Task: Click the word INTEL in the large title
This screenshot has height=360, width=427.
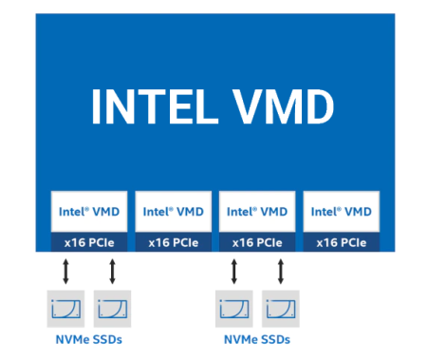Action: tap(155, 106)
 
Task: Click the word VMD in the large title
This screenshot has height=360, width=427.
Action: tap(283, 106)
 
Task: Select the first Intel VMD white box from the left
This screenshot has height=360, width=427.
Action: tap(89, 211)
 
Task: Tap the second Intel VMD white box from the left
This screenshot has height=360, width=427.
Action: tap(174, 211)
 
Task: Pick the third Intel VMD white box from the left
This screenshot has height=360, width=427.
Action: tap(257, 211)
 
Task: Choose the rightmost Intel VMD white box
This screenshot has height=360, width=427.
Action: tap(342, 211)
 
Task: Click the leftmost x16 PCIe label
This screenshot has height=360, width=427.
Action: tap(89, 243)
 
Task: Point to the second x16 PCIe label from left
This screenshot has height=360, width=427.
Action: tap(174, 243)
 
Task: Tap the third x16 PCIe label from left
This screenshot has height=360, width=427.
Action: tap(257, 243)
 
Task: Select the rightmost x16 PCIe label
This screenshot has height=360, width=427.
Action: tap(342, 243)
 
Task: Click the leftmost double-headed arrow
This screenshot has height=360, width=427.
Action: tap(65, 272)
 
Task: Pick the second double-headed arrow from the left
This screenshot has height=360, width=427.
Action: tap(112, 272)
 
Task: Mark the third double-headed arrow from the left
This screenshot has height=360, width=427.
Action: tap(234, 272)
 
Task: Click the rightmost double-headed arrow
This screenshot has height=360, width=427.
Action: tap(281, 272)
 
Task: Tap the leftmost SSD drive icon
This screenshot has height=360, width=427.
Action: tap(65, 309)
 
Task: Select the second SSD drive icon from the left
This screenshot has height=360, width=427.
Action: tap(112, 309)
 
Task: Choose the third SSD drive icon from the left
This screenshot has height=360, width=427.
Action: tap(234, 309)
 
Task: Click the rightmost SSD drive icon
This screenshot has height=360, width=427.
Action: tap(281, 309)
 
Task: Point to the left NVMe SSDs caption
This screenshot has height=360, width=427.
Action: tap(89, 340)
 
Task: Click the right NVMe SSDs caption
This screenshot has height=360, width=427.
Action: tap(257, 340)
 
